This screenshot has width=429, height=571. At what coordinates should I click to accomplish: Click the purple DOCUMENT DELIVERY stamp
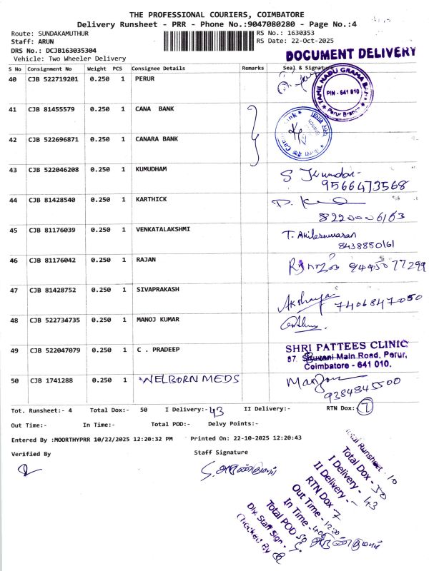(x=350, y=54)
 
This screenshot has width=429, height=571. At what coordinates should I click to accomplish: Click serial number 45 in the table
(x=13, y=230)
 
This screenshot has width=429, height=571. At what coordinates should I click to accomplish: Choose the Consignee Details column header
(x=158, y=69)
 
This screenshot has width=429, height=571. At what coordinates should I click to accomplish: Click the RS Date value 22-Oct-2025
(x=300, y=41)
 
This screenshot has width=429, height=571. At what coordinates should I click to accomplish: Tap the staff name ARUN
(x=44, y=42)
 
